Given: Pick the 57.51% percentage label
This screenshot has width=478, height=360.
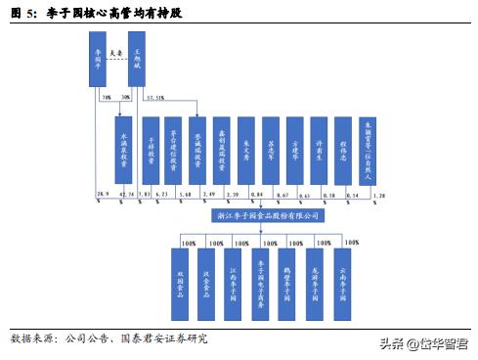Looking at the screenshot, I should point(154,99).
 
